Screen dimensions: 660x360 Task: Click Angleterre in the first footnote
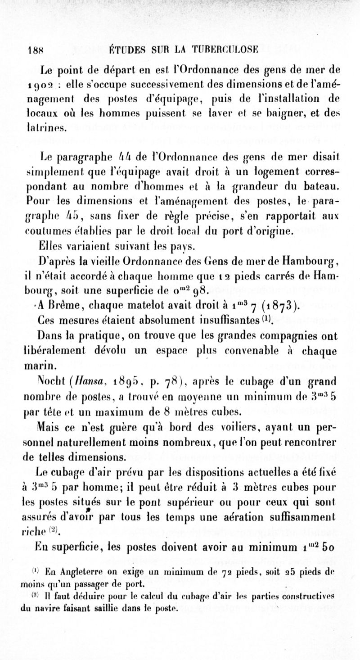pos(58,559)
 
